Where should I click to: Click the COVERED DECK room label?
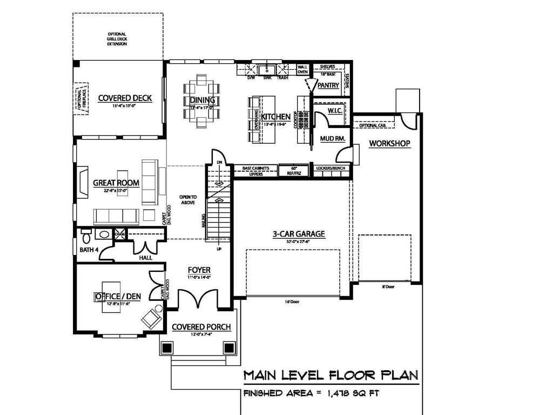click(x=124, y=98)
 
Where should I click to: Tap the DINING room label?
click(x=203, y=100)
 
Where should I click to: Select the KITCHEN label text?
click(x=275, y=116)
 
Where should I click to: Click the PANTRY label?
click(x=328, y=85)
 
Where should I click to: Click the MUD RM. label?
click(x=333, y=139)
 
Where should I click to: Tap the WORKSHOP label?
click(x=389, y=143)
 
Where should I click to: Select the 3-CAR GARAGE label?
click(x=298, y=234)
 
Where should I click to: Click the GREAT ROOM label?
click(x=116, y=183)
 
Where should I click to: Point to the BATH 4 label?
click(x=89, y=250)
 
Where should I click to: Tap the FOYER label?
click(x=199, y=270)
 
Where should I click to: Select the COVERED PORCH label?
click(x=201, y=327)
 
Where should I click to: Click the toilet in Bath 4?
click(x=85, y=236)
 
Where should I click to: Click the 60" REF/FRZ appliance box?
click(x=294, y=171)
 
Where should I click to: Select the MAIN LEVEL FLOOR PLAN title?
click(x=331, y=375)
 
